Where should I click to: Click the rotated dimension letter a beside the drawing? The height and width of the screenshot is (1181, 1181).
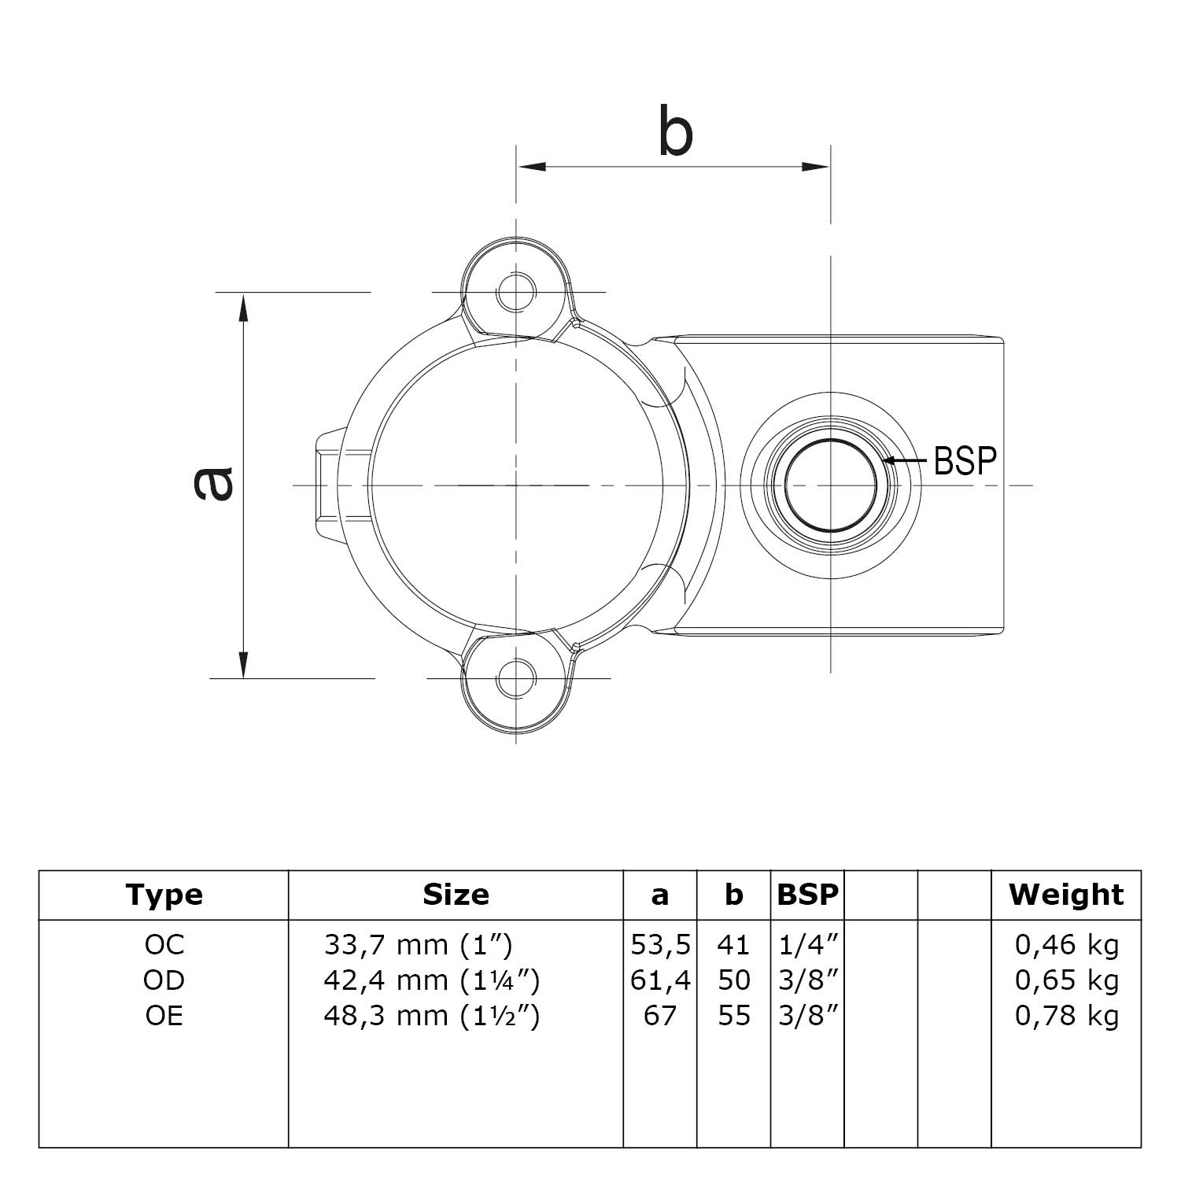[x=213, y=483]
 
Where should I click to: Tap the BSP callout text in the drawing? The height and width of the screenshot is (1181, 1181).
[x=965, y=461]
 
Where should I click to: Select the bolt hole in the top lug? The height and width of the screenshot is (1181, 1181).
[x=516, y=292]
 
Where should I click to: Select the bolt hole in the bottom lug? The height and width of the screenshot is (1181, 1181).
[x=516, y=677]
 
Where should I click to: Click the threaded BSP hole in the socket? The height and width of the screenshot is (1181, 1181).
[x=830, y=485]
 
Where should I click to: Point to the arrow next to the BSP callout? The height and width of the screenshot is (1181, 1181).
[x=905, y=461]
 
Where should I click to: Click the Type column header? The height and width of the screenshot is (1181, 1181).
[x=164, y=895]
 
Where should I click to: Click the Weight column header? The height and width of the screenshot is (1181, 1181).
[x=1066, y=895]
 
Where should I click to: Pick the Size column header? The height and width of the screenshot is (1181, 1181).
[x=456, y=895]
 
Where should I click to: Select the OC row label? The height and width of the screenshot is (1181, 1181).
[x=164, y=944]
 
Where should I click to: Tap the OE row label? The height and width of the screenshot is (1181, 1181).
[x=164, y=1016]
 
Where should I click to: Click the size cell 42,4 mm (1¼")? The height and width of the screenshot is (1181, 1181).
[x=431, y=980]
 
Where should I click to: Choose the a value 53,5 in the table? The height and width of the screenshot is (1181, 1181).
[x=660, y=944]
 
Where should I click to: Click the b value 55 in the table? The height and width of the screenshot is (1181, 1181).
[x=733, y=1016]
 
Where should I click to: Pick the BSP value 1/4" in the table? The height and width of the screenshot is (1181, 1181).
[x=807, y=944]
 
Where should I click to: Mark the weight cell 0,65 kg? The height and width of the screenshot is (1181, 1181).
[x=1066, y=980]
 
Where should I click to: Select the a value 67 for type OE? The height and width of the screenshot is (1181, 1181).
[x=660, y=1016]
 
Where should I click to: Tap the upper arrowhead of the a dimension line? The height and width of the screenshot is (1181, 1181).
[x=244, y=307]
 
